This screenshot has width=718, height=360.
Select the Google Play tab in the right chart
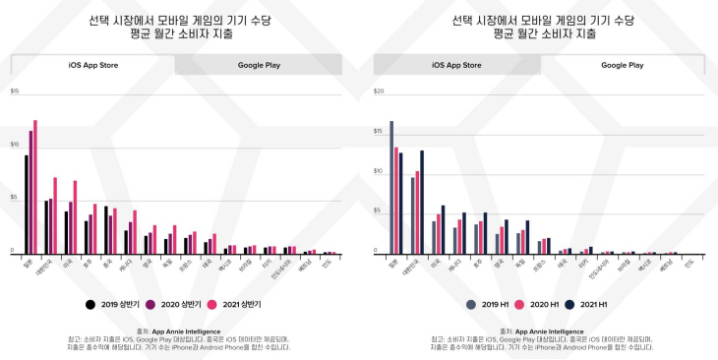click(x=622, y=65)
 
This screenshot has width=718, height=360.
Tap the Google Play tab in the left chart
click(x=259, y=65)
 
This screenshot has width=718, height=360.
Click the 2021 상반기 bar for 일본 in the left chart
click(x=35, y=187)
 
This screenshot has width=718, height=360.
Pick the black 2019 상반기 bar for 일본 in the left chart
click(x=26, y=205)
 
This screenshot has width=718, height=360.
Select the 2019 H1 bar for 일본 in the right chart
click(x=390, y=187)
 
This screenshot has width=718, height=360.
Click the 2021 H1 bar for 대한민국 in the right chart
click(x=422, y=202)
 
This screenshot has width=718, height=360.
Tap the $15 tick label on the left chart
click(x=15, y=91)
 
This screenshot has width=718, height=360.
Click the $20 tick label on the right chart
click(x=379, y=91)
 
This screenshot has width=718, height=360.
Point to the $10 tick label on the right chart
click(x=379, y=171)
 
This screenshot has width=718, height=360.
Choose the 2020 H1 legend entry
click(x=543, y=304)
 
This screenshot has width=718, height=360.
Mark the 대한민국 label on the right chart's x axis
click(x=414, y=269)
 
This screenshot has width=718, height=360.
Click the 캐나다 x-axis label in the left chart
click(x=130, y=265)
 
